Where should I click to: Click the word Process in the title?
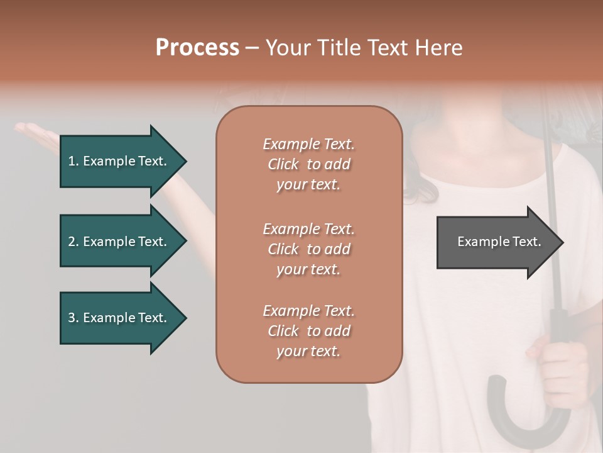click(x=197, y=48)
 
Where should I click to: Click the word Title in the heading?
click(x=339, y=48)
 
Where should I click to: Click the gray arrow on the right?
click(x=496, y=242)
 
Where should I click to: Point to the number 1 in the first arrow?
click(x=72, y=161)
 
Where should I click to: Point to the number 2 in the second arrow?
click(x=72, y=242)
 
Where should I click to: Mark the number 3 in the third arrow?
click(x=72, y=318)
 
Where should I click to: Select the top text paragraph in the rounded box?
click(x=308, y=164)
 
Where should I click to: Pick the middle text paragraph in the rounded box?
click(x=308, y=249)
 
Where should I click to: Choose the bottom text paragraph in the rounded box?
click(x=308, y=331)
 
